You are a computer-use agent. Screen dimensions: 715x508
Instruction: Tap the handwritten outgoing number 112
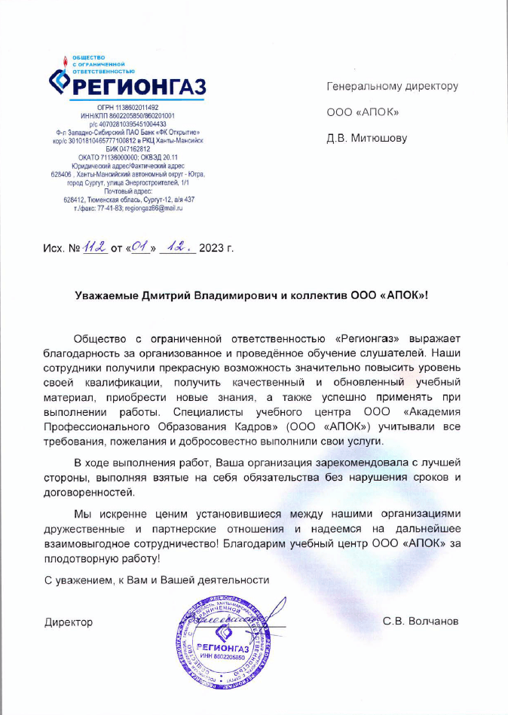pyautogui.click(x=95, y=248)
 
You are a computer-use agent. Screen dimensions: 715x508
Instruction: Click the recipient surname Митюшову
pyautogui.click(x=376, y=139)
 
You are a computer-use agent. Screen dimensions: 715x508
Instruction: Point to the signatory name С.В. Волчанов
pyautogui.click(x=421, y=622)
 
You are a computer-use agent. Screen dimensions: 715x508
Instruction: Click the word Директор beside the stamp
pyautogui.click(x=69, y=622)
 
